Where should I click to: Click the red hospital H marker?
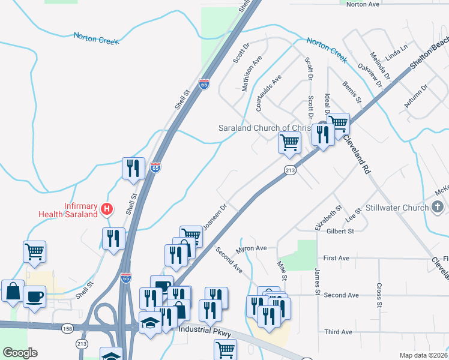pos(107,209)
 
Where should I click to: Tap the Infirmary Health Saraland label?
pos(68,209)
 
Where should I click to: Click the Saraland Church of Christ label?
pos(264,128)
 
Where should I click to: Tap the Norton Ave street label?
pos(363,4)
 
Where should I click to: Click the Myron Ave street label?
pos(252,248)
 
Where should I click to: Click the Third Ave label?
pos(338,332)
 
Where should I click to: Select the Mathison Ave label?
pos(252,74)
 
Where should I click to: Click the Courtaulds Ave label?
pos(268,93)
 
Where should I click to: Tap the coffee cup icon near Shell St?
pos(35,296)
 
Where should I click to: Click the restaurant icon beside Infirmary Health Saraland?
pos(113,238)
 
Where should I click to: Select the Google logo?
pos(20,353)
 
